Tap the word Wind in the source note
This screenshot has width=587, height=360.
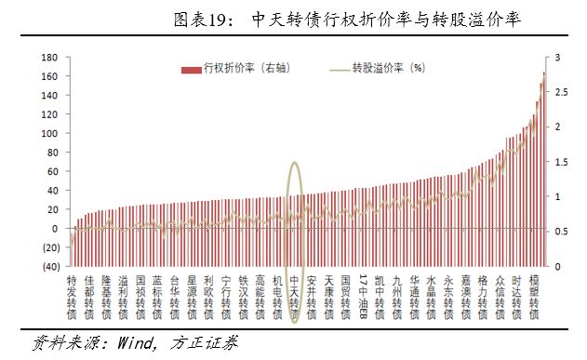tap(136, 342)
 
